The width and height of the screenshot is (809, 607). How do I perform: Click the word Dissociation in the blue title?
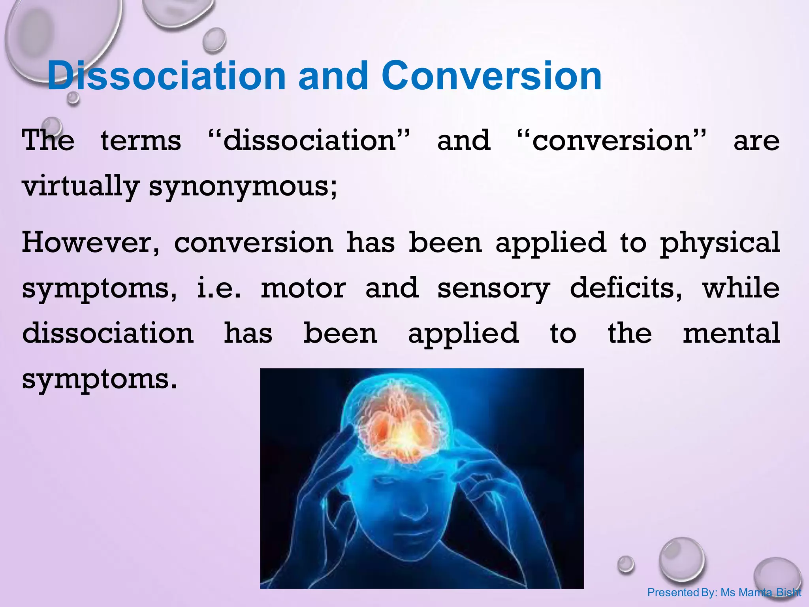point(166,76)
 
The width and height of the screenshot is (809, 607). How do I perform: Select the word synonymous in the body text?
point(243,187)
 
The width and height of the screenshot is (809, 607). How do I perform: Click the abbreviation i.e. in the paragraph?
point(218,288)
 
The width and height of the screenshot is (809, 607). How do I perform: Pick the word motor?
point(303,288)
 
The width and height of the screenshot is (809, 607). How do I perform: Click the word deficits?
point(626,288)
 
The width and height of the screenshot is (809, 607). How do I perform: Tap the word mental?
point(731,333)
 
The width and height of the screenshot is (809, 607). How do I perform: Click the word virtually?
point(81,187)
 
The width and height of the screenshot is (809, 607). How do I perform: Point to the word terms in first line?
point(141,141)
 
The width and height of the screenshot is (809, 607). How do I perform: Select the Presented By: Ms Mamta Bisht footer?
point(724,592)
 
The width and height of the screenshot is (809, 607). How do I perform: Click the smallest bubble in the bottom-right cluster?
point(625,564)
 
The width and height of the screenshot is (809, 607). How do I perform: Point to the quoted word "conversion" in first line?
point(611,141)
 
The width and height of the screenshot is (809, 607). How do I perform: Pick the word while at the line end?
point(741,288)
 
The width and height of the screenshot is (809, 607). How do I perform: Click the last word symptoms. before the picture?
point(99,379)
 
